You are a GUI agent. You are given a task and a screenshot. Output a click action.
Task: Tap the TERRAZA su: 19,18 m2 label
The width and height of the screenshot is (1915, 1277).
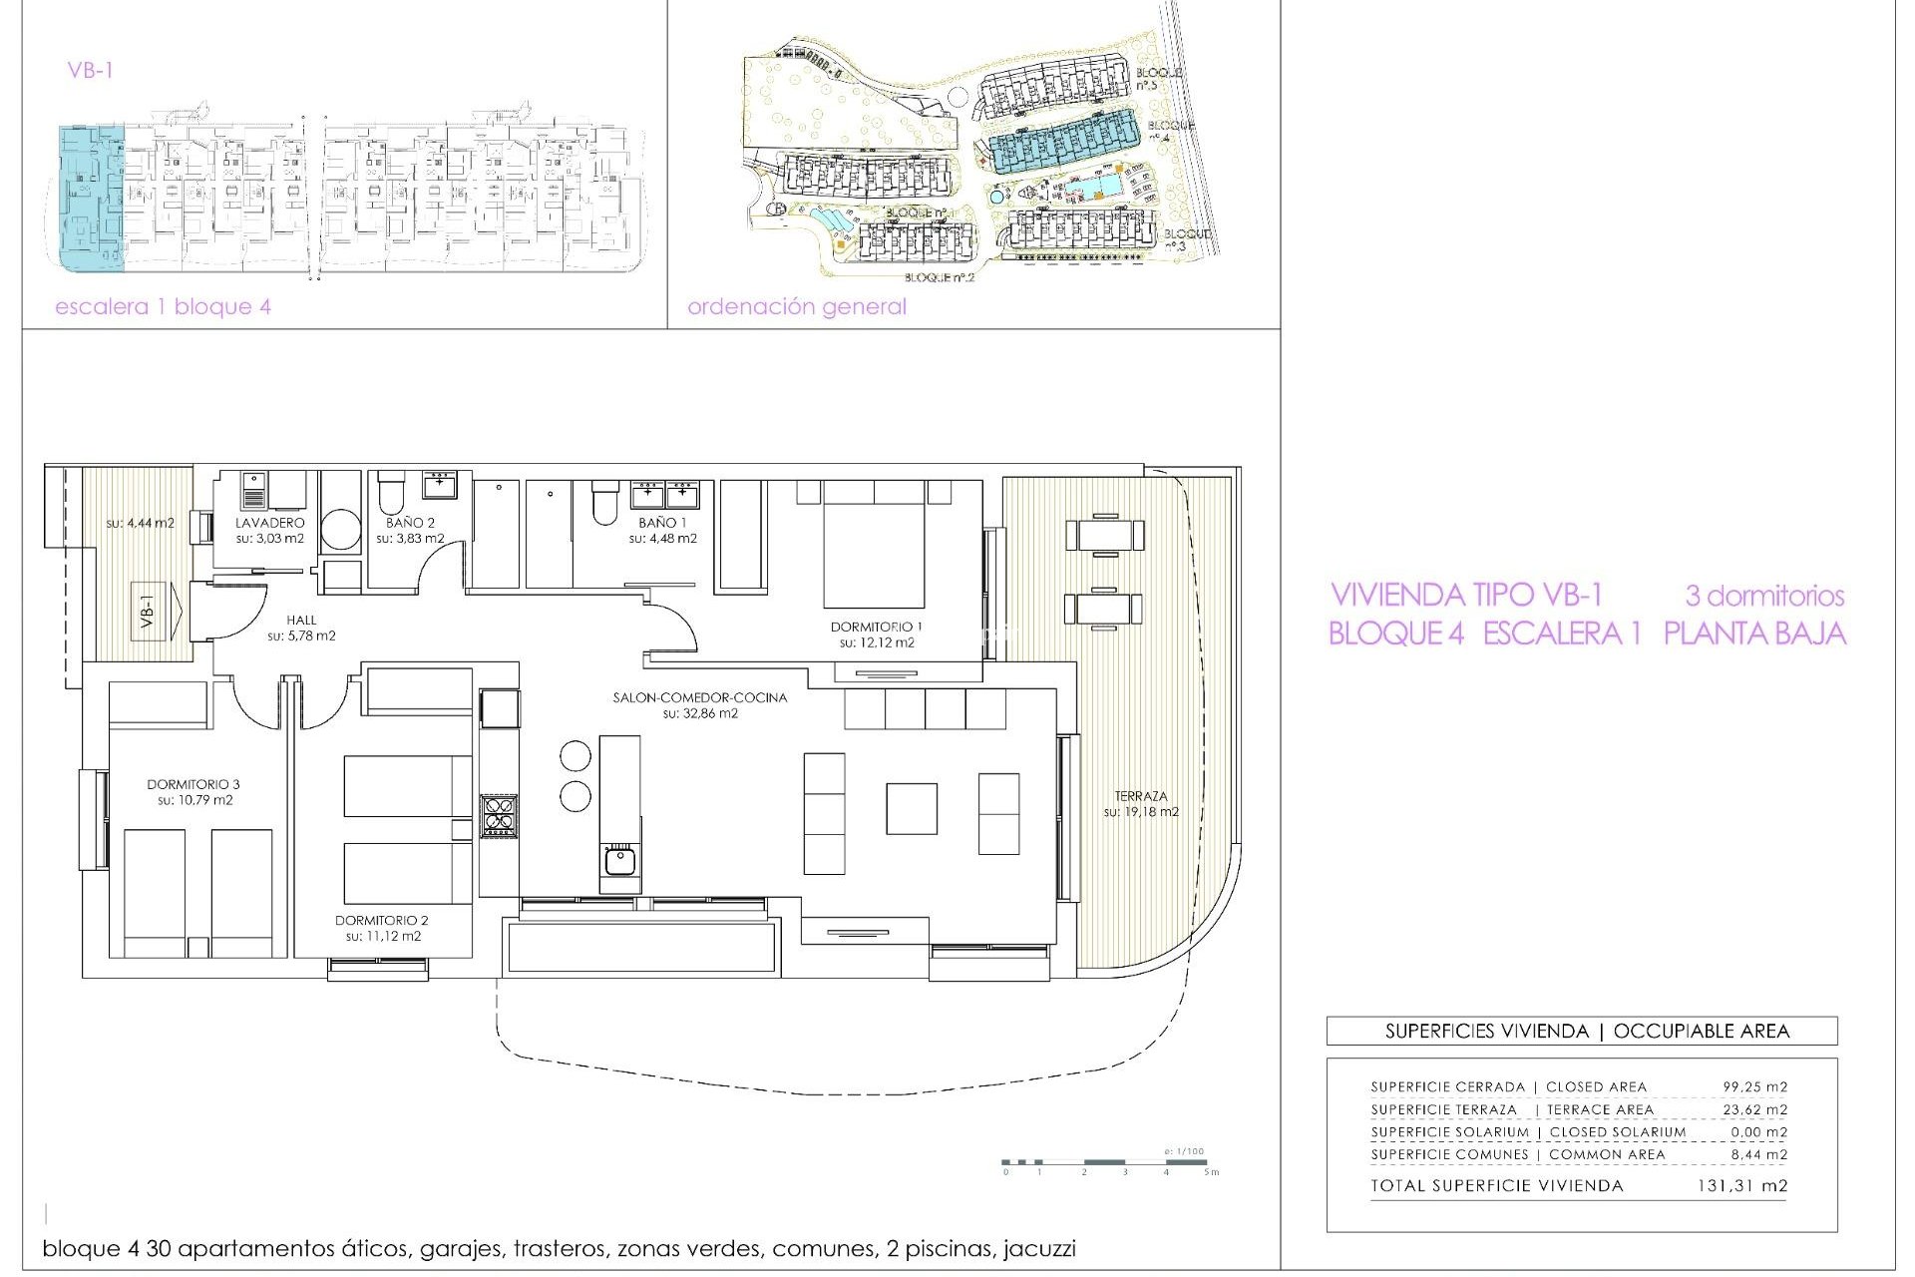point(1140,803)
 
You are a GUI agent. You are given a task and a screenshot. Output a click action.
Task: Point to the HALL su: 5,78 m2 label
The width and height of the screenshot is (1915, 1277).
point(301,628)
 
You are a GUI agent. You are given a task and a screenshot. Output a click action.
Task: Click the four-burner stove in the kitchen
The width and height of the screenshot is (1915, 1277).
point(498,814)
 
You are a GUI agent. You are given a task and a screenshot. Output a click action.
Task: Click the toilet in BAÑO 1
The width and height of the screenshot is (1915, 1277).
point(604,504)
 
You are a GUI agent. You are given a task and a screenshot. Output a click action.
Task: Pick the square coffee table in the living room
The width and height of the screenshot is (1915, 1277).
point(911,808)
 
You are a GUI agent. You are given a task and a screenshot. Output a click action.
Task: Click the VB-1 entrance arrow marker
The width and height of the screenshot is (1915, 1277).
point(159,611)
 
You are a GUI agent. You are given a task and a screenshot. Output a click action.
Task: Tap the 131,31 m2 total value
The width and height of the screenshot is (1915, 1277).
point(1741,1186)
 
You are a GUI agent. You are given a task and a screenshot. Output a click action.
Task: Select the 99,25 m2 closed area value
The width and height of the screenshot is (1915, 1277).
point(1754,1086)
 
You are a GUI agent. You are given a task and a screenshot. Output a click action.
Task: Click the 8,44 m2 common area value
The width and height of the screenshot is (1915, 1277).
point(1758,1154)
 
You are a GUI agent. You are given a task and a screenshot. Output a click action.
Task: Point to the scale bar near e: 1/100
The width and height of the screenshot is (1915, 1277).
point(1107,1162)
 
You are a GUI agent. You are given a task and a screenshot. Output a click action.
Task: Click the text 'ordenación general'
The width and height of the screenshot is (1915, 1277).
point(796,306)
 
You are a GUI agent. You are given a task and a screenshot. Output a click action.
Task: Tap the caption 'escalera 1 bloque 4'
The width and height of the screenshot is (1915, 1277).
point(163,306)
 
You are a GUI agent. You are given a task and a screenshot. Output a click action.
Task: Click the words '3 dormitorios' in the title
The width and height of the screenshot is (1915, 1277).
point(1763,596)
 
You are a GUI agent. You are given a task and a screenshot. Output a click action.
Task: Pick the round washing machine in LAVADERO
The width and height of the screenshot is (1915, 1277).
point(341,530)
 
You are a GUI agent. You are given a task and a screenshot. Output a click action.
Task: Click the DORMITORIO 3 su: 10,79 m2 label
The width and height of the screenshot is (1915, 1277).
point(193,792)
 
